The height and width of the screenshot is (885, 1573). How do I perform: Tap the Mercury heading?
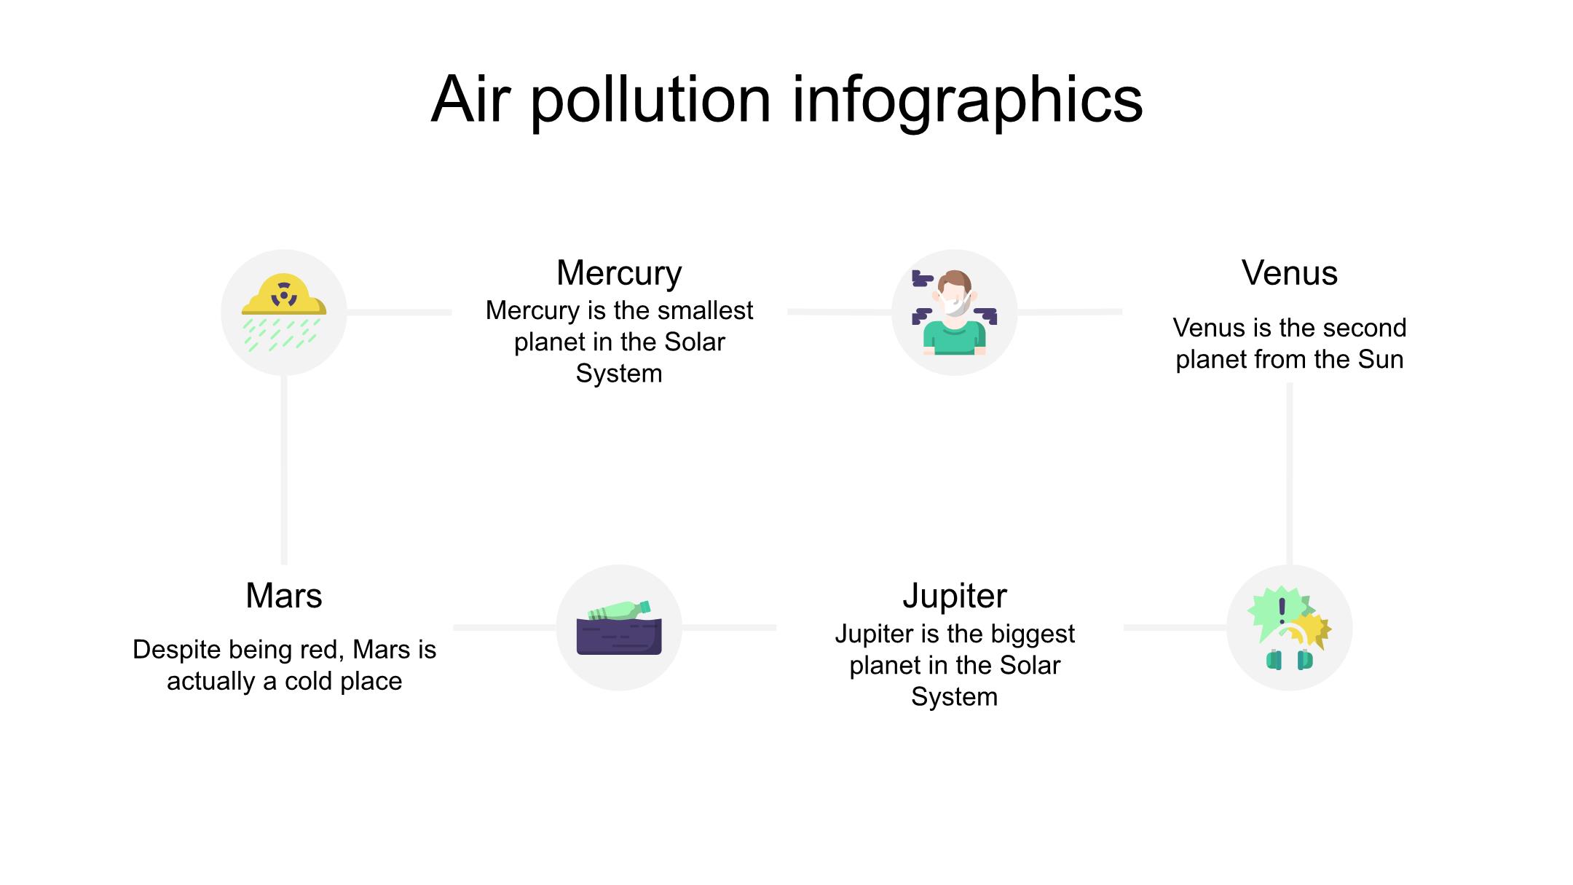point(619,273)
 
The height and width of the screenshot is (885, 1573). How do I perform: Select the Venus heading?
point(1290,273)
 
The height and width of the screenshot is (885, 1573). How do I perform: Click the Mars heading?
point(284,596)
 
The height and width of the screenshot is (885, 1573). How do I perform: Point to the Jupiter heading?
point(955,596)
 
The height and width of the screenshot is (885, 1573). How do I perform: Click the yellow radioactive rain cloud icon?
point(284,312)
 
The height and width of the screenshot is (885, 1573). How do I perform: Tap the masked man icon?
point(955,312)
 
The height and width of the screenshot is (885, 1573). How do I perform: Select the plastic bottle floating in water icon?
point(619,627)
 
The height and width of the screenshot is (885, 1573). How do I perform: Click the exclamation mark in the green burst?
point(1282,610)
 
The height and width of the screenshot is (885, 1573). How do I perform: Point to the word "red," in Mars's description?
point(323,650)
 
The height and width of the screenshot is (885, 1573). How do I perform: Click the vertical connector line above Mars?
point(284,470)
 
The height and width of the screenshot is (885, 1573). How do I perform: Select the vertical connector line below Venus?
point(1290,473)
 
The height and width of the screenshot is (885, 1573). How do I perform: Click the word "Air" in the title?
point(470,100)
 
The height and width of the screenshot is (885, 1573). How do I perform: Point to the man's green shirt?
point(955,337)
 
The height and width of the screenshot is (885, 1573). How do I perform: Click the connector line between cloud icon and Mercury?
point(399,312)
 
